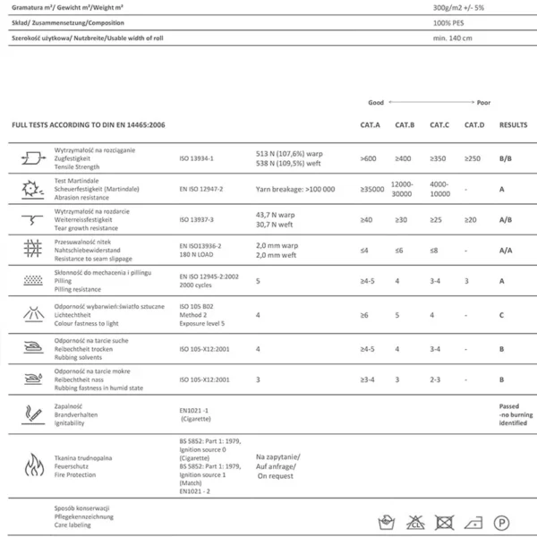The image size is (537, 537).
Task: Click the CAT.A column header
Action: click(370, 125)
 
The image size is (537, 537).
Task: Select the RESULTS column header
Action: click(513, 125)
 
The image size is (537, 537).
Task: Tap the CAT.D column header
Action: click(473, 125)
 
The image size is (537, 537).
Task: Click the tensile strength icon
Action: click(33, 158)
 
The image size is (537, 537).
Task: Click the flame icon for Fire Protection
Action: click(33, 465)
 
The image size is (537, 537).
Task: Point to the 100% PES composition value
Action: click(451, 22)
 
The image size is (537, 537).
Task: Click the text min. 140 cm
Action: click(452, 38)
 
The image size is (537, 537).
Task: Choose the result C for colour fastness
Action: click(502, 315)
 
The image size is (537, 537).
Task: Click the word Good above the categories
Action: click(376, 103)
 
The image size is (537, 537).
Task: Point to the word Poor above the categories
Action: click(483, 103)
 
